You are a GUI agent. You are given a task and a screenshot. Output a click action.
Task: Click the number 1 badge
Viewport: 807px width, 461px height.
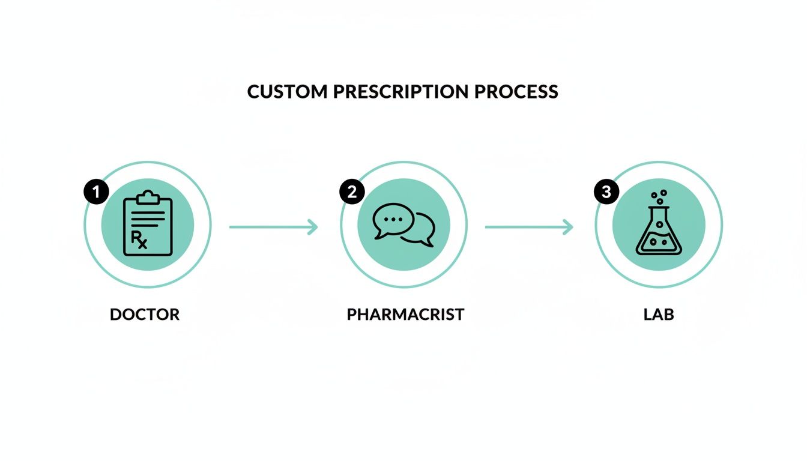[x=96, y=192]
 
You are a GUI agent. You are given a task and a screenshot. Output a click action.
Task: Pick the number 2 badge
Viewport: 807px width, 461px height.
[x=352, y=192]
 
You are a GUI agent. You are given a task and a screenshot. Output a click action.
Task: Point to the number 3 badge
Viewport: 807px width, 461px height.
[x=606, y=192]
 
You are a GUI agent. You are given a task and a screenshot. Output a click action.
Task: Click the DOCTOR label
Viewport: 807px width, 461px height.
[x=145, y=314]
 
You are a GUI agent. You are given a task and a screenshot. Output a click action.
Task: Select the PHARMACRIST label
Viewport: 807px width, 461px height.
[x=405, y=314]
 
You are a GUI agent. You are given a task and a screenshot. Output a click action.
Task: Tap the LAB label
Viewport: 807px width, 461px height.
[x=659, y=314]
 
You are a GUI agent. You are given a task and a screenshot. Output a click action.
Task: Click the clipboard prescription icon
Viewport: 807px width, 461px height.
[x=148, y=224]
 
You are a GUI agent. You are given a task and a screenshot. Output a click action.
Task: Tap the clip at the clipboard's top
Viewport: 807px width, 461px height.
[x=148, y=196]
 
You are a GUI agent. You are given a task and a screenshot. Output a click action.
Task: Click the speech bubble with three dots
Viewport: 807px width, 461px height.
[x=393, y=220]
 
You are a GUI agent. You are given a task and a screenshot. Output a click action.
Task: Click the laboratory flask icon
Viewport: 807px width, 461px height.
[x=659, y=231]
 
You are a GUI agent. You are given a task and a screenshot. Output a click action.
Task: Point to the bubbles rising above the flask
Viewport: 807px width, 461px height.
[x=659, y=197]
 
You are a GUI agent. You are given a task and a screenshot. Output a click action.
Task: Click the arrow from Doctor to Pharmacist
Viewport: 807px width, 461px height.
[x=273, y=227]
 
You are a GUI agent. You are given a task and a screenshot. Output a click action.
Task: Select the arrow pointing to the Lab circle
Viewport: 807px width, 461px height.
[x=528, y=227]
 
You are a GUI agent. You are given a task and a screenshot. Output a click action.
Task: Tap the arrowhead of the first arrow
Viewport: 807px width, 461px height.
[x=313, y=227]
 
